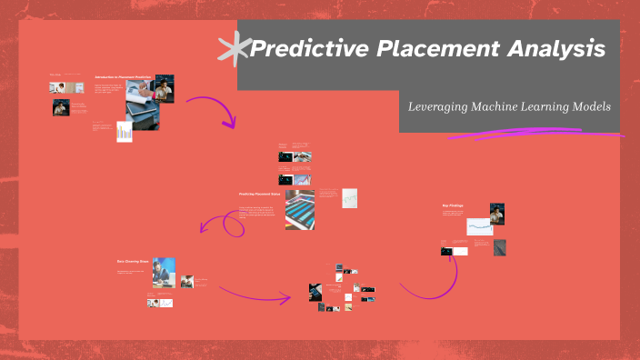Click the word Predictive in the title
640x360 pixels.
pyautogui.click(x=304, y=49)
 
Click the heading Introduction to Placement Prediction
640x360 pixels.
pyautogui.click(x=121, y=77)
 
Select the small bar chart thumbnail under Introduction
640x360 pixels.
pyautogui.click(x=124, y=132)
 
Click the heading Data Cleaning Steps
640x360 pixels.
pyautogui.click(x=131, y=261)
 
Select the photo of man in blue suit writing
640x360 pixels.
pyautogui.click(x=164, y=272)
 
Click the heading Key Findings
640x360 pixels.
pyautogui.click(x=453, y=205)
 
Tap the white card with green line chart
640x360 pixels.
pyautogui.click(x=349, y=198)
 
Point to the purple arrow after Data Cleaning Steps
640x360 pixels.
pyautogui.click(x=255, y=294)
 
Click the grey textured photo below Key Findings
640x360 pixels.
pyautogui.click(x=500, y=248)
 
